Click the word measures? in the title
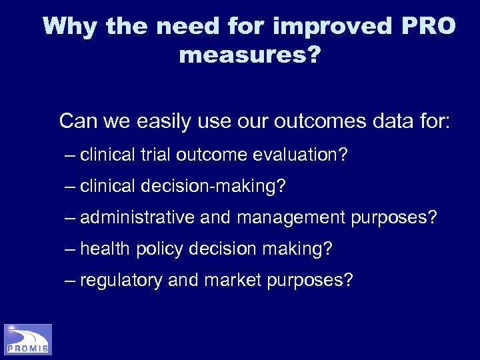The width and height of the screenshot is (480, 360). pos(249,55)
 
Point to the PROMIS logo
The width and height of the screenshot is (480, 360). pos(28,339)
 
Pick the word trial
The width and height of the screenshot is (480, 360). pos(156,155)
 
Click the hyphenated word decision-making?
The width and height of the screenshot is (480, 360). pos(213,187)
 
